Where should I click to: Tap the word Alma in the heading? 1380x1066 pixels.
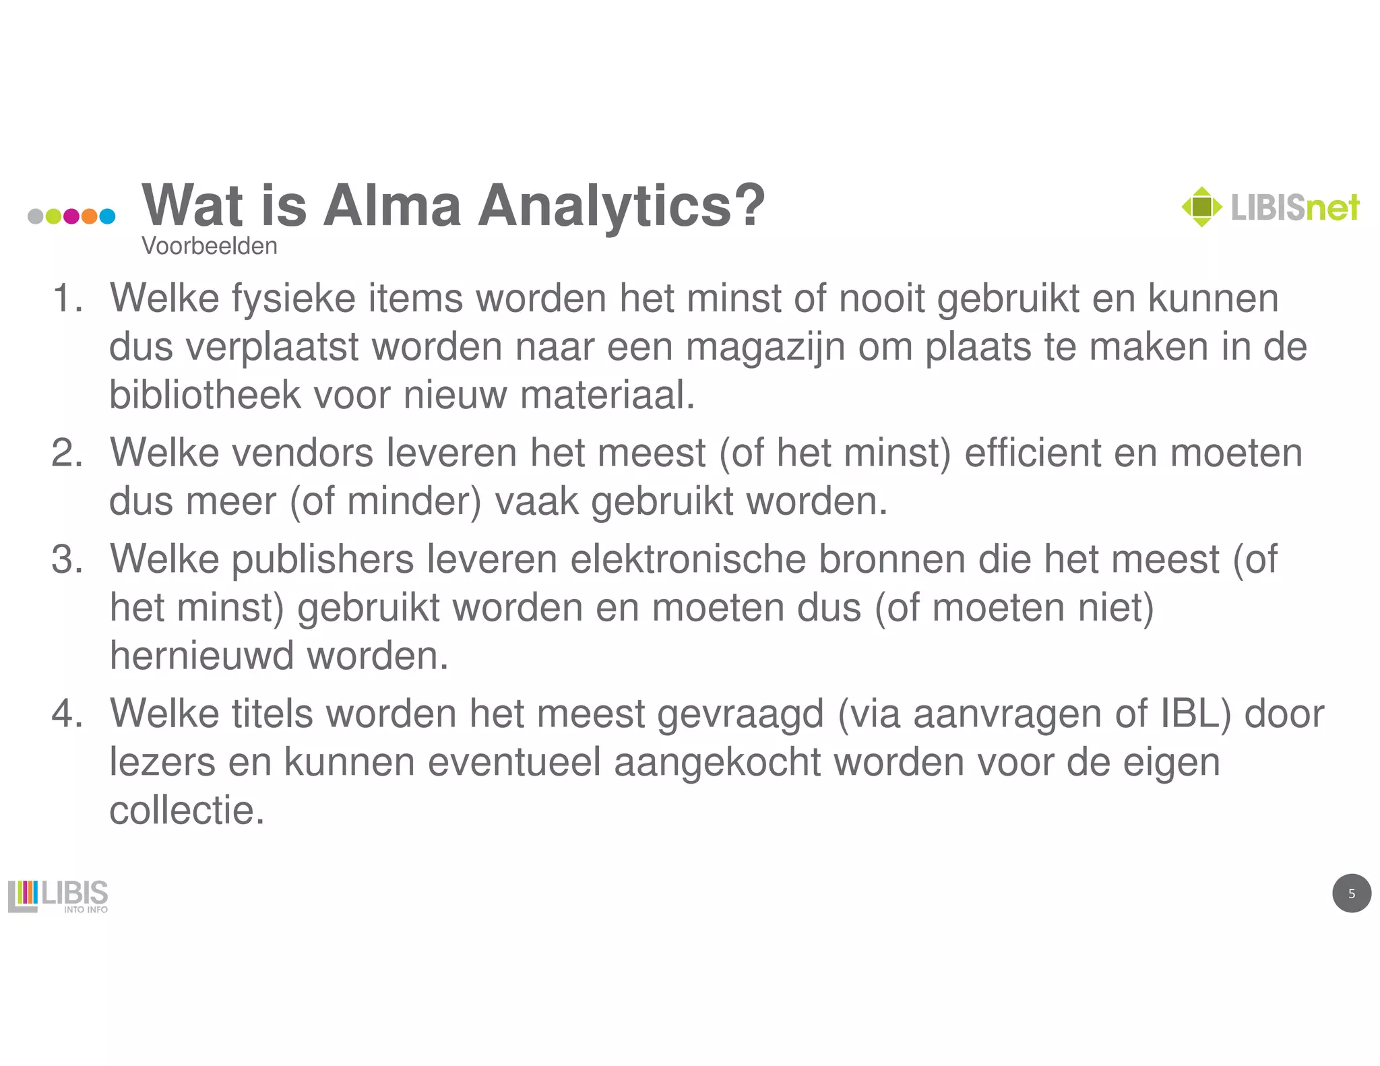click(x=392, y=206)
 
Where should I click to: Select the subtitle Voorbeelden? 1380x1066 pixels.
click(x=210, y=247)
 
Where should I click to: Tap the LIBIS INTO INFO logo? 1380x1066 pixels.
click(x=58, y=896)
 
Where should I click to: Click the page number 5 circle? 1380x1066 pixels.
click(x=1351, y=893)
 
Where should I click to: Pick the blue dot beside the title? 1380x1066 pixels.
click(x=107, y=216)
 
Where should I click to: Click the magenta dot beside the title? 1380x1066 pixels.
click(x=71, y=216)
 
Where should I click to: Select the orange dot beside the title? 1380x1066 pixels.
click(x=89, y=216)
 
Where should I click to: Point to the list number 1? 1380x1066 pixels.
click(x=67, y=299)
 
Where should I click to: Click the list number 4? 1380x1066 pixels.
click(x=67, y=714)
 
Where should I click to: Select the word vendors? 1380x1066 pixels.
click(x=303, y=453)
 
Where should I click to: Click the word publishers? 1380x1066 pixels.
click(x=323, y=560)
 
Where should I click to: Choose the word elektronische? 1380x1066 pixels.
click(x=688, y=560)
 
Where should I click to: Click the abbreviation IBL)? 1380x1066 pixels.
click(x=1195, y=714)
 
